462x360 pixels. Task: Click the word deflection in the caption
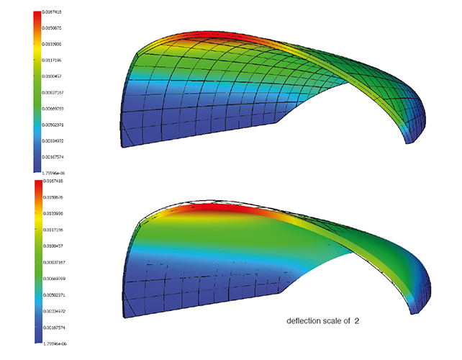coord(302,320)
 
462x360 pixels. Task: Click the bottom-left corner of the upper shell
coord(123,145)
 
